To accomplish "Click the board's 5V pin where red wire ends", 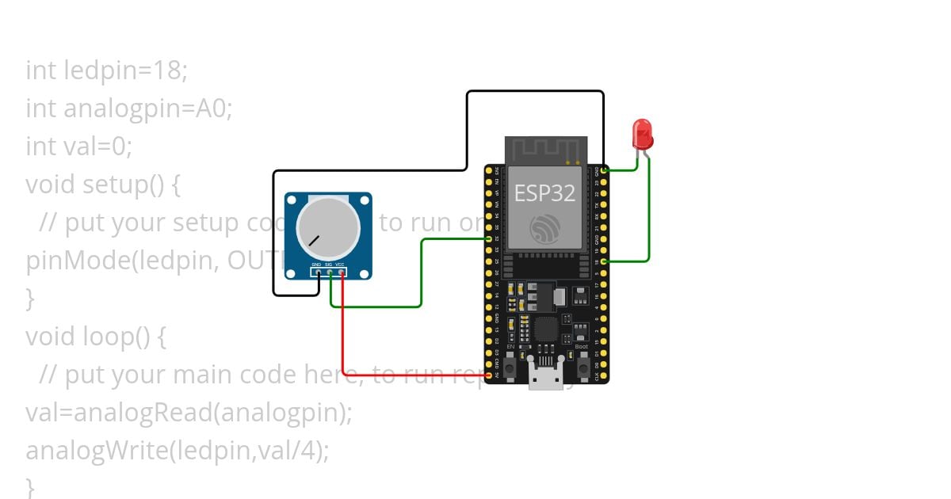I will click(489, 375).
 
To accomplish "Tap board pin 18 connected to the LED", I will click(604, 261).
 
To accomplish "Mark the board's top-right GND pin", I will click(604, 170).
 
